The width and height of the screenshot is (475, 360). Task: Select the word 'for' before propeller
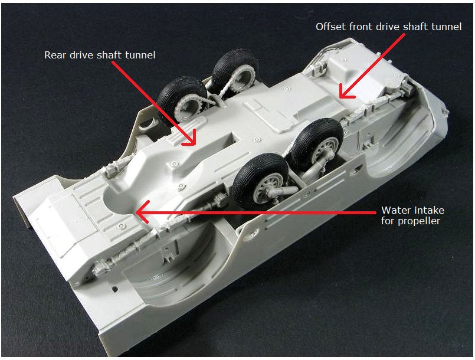[x=388, y=221]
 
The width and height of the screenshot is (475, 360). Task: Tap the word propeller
[x=419, y=221]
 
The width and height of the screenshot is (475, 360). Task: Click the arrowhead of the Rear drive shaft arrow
[x=190, y=140]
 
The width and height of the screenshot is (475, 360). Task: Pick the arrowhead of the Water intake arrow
[x=142, y=212]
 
